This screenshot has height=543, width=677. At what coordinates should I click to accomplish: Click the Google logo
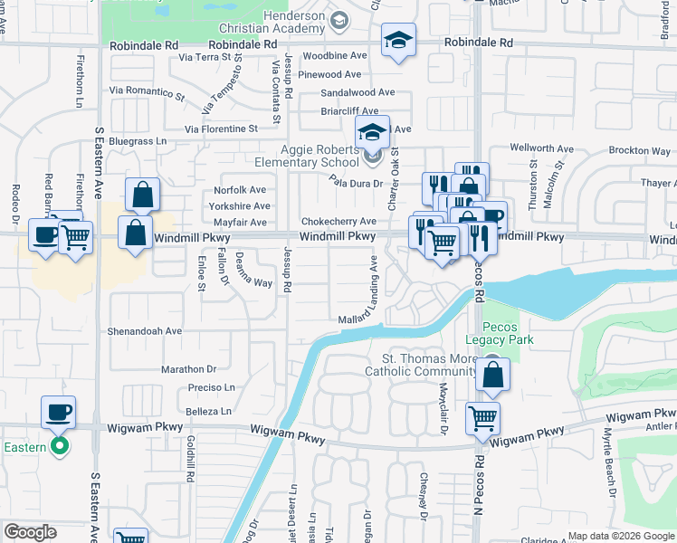tap(29, 532)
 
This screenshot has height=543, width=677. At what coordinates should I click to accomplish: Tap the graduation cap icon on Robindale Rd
tap(398, 41)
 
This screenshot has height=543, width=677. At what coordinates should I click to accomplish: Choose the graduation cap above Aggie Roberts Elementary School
tap(371, 133)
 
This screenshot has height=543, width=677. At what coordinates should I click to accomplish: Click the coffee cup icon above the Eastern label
tap(58, 412)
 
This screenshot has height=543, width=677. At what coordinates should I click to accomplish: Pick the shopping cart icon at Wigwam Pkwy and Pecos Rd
tap(482, 418)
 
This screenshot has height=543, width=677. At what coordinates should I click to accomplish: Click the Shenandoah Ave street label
tap(145, 331)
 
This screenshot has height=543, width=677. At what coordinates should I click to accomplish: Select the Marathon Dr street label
tap(189, 369)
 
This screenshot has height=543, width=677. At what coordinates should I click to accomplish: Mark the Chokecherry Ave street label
tap(338, 222)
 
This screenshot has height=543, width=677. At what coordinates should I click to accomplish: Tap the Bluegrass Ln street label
tap(138, 141)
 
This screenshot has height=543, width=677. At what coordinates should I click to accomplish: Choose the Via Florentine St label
tap(221, 129)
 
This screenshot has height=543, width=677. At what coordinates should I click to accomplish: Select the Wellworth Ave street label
tap(542, 148)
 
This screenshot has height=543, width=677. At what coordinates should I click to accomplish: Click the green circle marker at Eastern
tap(60, 445)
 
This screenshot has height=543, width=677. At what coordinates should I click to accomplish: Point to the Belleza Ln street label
tap(210, 411)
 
